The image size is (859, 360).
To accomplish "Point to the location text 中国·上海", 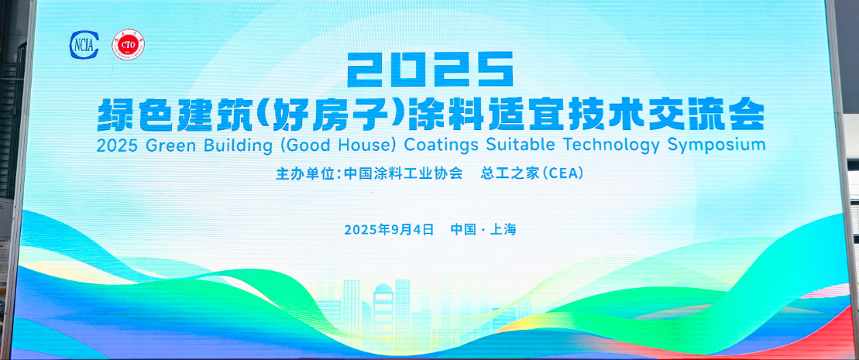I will [483, 229].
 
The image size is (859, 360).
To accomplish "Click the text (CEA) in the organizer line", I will [562, 173].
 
